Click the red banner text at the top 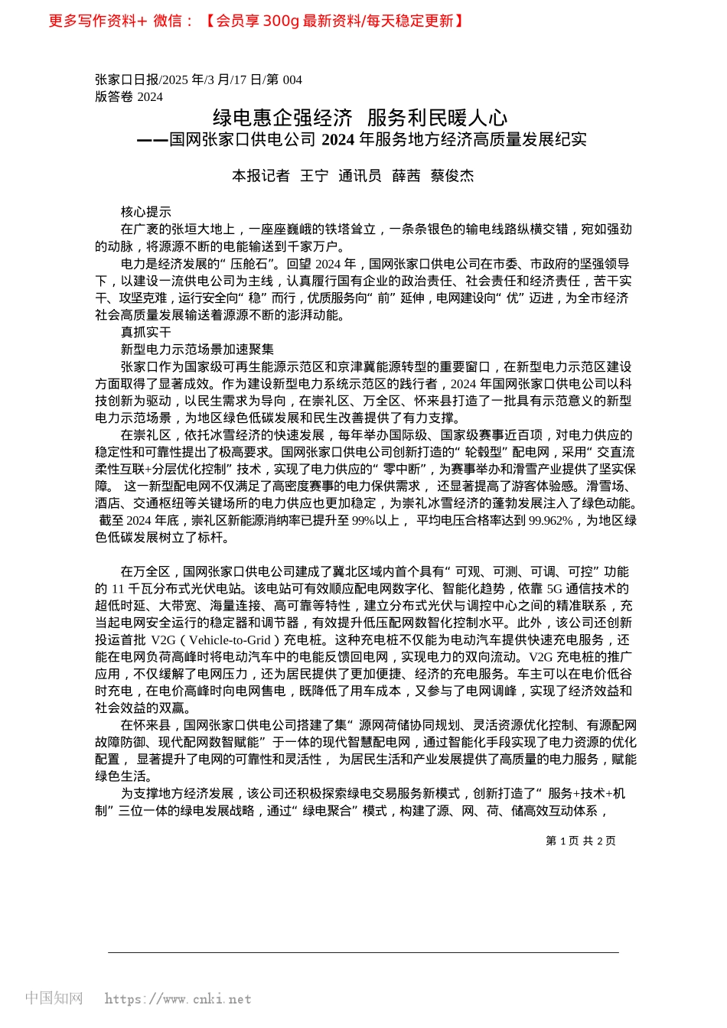(256, 21)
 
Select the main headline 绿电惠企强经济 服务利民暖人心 (360, 118)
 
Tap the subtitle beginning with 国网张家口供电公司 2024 (362, 139)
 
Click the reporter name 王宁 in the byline (314, 176)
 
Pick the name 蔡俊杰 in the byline (452, 176)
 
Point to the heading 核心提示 (146, 212)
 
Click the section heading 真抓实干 (146, 332)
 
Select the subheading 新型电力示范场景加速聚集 (197, 349)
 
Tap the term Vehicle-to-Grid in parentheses (230, 640)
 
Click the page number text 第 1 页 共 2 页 (580, 841)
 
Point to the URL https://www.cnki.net (178, 999)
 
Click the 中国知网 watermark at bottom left (54, 998)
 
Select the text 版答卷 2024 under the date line (129, 96)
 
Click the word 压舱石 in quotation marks (247, 264)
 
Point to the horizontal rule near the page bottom (363, 952)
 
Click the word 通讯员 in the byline (360, 176)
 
